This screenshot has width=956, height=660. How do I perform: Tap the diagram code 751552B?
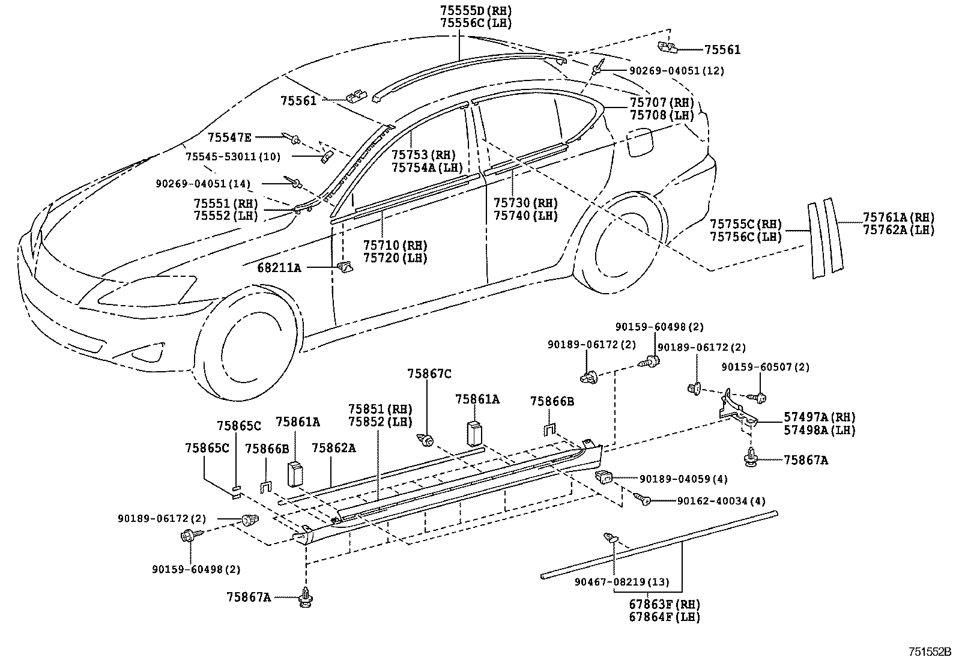pos(930,652)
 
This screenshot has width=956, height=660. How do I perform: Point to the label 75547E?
pos(229,138)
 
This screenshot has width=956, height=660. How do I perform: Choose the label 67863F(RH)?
pos(664,604)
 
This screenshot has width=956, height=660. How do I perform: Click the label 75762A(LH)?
pos(898,229)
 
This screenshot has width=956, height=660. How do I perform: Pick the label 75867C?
pos(429,374)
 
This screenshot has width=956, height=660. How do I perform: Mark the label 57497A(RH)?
pos(819,417)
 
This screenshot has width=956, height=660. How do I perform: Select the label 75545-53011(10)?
pos(233,157)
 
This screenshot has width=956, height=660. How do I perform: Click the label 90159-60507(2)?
pos(765,366)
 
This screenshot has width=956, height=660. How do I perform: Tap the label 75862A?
pos(333,447)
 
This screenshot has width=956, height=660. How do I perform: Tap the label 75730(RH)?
pos(525,203)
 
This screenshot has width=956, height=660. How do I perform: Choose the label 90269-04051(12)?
pos(676,71)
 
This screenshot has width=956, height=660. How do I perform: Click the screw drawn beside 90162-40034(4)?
pos(644,499)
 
